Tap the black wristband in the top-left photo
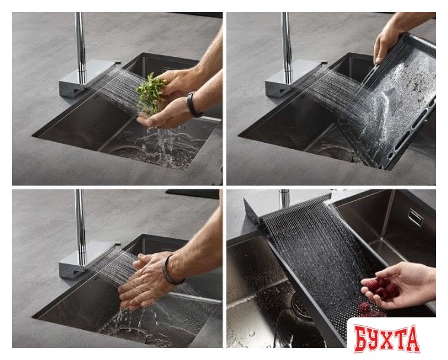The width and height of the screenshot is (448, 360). point(193,104)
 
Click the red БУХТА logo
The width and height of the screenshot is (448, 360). point(386,338)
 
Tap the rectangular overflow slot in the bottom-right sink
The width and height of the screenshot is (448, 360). point(416,217)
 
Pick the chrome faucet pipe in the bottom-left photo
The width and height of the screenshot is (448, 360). point(81,227)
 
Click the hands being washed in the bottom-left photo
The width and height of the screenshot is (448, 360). point(146,281)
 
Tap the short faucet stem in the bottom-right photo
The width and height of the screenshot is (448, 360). point(284,198)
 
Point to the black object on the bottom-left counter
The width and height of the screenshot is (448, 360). point(192,194)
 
